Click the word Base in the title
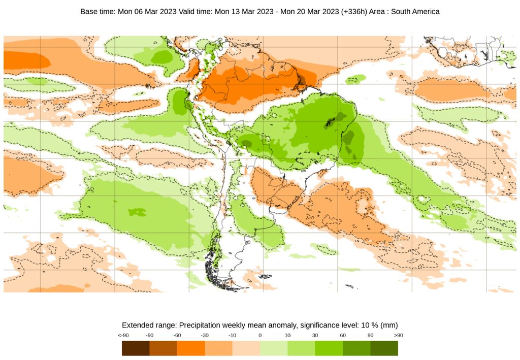click(89, 11)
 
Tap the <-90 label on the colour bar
click(122, 336)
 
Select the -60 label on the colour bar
click(177, 336)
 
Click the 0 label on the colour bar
click(260, 336)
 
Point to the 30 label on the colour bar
click(315, 336)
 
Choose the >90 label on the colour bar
click(398, 336)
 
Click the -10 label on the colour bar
click(232, 336)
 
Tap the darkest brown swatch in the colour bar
click(136, 348)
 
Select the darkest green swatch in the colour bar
click(384, 348)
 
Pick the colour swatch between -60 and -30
click(191, 348)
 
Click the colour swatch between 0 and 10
click(274, 348)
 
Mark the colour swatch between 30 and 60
click(329, 348)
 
